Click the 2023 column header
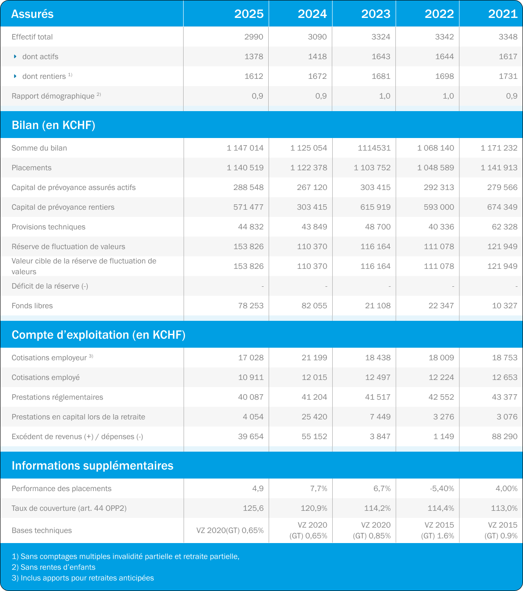point(376,14)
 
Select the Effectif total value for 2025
point(253,37)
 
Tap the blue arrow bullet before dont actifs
point(15,56)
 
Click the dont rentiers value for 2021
point(508,76)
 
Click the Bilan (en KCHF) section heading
point(53,125)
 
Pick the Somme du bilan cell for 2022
point(436,148)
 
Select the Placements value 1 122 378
point(309,168)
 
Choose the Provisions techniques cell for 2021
point(505,227)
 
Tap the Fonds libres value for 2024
point(314,306)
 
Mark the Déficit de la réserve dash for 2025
point(263,286)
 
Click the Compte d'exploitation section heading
point(99,335)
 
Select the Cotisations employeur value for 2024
point(314,358)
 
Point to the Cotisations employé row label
point(46,377)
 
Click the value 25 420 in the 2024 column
point(314,417)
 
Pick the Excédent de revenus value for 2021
point(505,436)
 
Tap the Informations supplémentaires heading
point(92,466)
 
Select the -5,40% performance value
point(442,488)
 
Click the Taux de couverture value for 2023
point(377,508)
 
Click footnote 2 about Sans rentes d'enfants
point(54,567)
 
